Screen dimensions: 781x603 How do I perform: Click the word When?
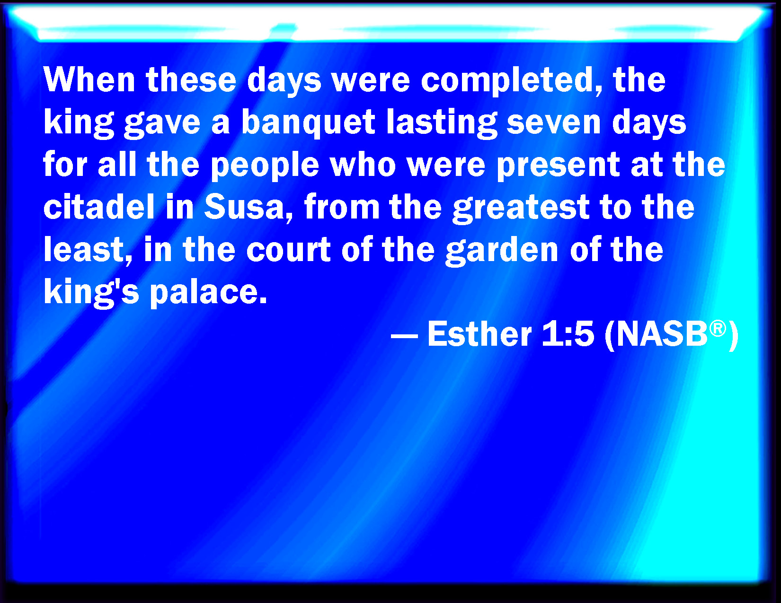(89, 79)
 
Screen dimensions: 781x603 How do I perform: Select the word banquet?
(308, 122)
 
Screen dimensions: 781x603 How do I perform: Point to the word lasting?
(442, 122)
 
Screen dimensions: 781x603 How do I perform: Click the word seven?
(553, 123)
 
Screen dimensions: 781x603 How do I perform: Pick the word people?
(265, 165)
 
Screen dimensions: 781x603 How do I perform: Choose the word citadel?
(99, 207)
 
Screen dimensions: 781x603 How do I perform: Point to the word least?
(88, 249)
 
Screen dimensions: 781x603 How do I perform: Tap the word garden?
(502, 250)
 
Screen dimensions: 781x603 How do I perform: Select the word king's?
(91, 292)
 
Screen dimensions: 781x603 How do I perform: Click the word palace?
(208, 292)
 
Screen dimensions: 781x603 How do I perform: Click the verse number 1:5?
(568, 334)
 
